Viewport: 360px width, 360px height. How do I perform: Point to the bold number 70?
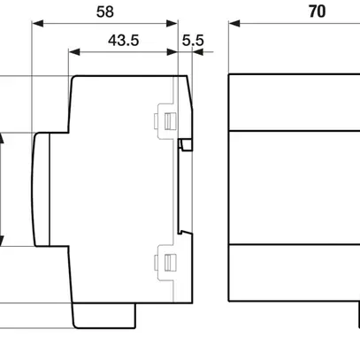point(293,13)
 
